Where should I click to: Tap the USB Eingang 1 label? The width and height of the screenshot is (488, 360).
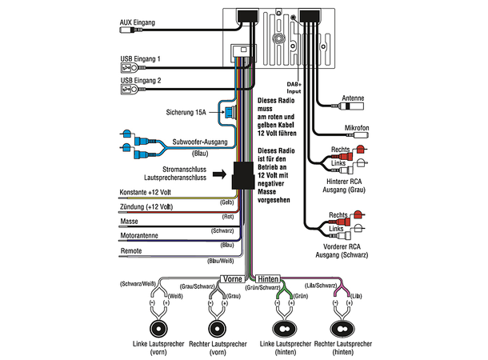[140, 58]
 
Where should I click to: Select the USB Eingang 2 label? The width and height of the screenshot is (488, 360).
[140, 81]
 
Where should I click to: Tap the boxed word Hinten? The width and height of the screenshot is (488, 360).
[269, 278]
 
